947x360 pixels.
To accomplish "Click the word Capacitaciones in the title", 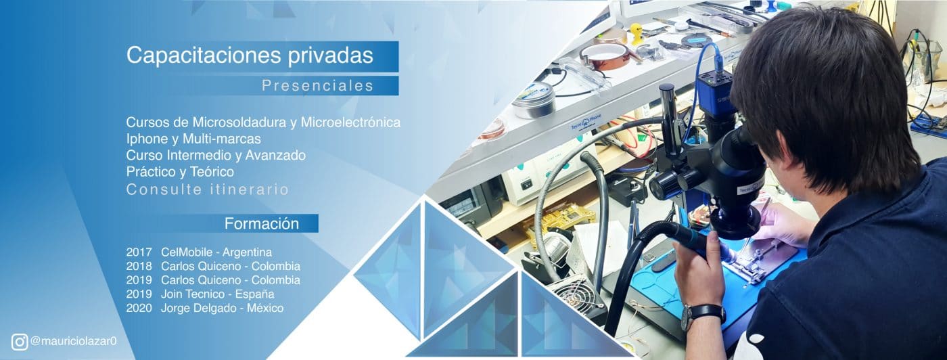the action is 204,55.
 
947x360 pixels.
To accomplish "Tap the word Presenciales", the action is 318,85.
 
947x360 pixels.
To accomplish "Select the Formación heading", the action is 262,223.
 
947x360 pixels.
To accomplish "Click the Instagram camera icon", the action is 20,342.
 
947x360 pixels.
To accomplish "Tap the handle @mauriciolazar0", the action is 74,341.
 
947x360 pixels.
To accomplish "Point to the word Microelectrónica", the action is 350,122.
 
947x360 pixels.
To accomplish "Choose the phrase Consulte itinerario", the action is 208,189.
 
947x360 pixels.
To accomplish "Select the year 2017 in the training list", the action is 139,252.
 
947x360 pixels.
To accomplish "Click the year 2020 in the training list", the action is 139,308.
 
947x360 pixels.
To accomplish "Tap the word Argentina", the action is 248,252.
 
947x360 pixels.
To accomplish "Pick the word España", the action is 254,294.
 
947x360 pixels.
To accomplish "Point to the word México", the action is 265,308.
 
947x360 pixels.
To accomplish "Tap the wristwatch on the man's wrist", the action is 703,315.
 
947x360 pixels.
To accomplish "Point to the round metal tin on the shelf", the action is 534,101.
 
